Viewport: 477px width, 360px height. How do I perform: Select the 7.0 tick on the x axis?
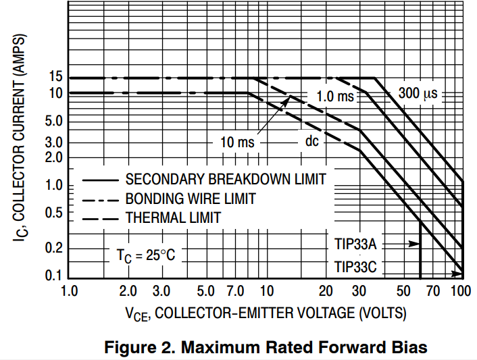coord(236,292)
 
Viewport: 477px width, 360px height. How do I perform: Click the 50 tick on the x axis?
coord(403,292)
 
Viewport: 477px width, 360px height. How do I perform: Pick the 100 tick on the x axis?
coord(461,292)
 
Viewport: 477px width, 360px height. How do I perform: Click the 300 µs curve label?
coord(418,94)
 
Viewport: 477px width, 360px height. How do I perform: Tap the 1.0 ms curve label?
coord(335,97)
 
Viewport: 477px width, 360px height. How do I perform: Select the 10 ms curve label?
coord(237,143)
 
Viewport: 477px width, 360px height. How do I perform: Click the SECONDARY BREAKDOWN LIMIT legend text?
coord(226,179)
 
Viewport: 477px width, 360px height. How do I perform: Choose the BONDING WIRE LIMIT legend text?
coord(191,199)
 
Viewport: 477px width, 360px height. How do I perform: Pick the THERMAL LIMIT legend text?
coord(173,217)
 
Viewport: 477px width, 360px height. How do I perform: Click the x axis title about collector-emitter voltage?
coord(266,313)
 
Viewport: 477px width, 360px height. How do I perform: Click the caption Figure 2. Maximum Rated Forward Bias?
coord(266,347)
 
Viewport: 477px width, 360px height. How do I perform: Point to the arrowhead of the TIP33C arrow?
coord(460,274)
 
